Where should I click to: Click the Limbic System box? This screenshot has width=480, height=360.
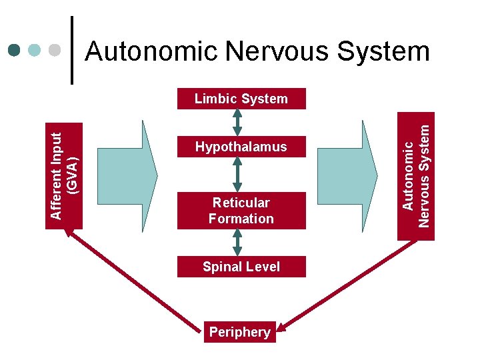241,99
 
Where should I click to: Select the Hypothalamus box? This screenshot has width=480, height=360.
241,147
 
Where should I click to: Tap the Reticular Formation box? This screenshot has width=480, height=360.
241,211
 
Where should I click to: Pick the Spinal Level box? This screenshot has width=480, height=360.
241,267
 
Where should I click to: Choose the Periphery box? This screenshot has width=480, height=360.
239,332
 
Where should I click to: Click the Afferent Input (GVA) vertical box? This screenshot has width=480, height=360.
64,175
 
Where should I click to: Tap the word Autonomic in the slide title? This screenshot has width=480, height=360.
151,51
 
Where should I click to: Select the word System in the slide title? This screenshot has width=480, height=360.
392,51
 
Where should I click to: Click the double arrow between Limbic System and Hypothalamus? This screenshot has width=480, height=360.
237,122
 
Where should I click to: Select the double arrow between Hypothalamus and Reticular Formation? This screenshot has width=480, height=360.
237,175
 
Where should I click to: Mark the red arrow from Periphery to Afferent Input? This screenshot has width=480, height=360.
133,278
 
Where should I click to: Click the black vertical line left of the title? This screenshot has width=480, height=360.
73,50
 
